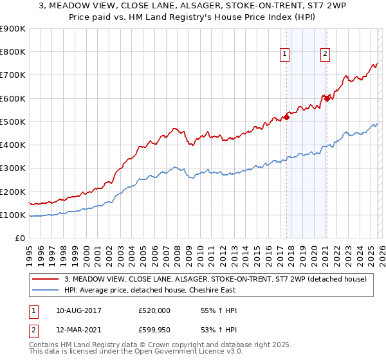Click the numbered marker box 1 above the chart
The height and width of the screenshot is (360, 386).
tap(284, 54)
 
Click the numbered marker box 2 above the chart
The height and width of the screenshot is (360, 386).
tap(326, 54)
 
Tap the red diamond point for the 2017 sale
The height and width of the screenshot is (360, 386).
tap(286, 117)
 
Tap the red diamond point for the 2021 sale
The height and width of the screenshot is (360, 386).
tap(327, 98)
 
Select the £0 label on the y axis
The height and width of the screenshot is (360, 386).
tap(19, 239)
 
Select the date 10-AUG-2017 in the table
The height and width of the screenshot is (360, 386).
tap(79, 310)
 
